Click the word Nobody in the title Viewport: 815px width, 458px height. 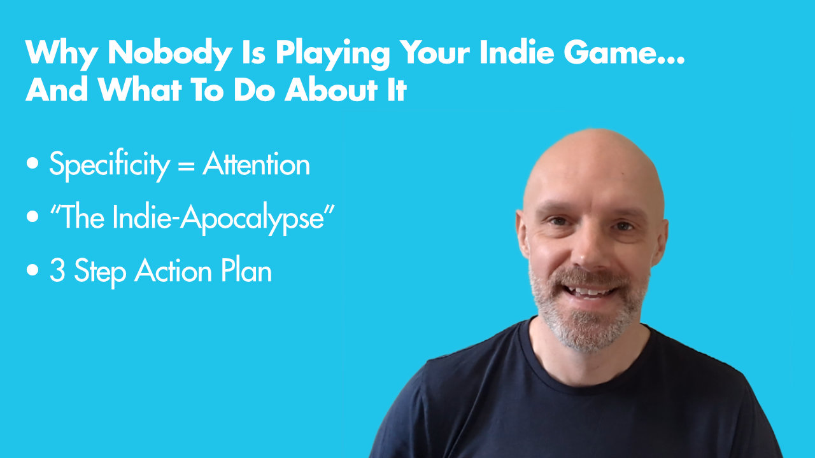point(170,52)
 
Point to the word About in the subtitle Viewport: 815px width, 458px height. point(331,90)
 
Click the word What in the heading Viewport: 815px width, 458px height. point(140,90)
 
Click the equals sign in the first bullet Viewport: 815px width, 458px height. point(187,165)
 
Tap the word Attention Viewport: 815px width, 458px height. point(257,163)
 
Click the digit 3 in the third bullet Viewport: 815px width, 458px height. point(57,270)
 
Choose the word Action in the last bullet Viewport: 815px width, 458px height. point(174,270)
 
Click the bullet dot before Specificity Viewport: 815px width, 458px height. point(32,163)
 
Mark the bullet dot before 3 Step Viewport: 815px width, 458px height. point(32,270)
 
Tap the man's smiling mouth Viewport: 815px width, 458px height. point(591,291)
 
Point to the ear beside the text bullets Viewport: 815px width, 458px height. point(523,233)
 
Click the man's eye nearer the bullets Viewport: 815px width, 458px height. point(557,221)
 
